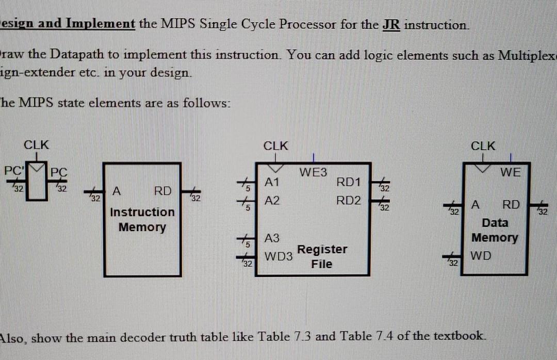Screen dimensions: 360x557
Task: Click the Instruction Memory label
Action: [x=142, y=219]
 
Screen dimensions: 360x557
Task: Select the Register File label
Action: [x=322, y=257]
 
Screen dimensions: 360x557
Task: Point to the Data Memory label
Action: [x=495, y=230]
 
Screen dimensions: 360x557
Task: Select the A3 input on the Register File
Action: [x=272, y=238]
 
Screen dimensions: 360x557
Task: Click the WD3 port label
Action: [x=278, y=256]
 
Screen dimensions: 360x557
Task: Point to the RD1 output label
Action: [x=348, y=183]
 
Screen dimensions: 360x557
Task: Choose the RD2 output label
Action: [x=349, y=200]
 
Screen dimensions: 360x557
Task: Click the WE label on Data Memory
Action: [x=510, y=172]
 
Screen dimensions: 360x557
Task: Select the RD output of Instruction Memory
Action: [x=162, y=191]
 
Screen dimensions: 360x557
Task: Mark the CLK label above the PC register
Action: [x=37, y=145]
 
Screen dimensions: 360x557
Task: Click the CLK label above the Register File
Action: [x=276, y=145]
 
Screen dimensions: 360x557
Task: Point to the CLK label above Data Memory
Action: [x=483, y=145]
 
